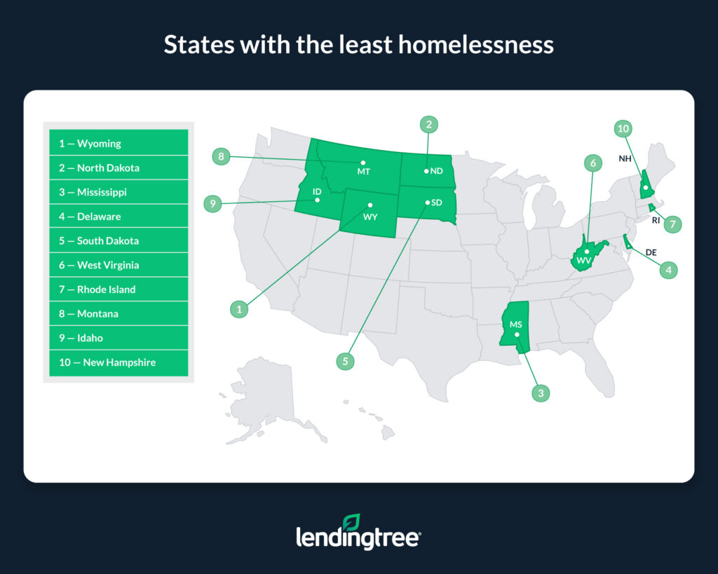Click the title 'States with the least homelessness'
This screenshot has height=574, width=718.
(x=358, y=45)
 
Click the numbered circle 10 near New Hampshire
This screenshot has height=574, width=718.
(x=623, y=128)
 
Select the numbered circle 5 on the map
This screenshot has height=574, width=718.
(x=345, y=362)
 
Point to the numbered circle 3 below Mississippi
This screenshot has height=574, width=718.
(x=540, y=394)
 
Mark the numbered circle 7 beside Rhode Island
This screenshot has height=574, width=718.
(x=672, y=225)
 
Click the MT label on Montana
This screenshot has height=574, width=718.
(x=363, y=172)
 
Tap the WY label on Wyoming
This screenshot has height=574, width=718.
(x=370, y=217)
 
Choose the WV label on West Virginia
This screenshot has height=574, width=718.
(x=584, y=261)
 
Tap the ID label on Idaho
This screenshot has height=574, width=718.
(x=317, y=191)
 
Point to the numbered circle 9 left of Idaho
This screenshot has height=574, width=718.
(x=212, y=205)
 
